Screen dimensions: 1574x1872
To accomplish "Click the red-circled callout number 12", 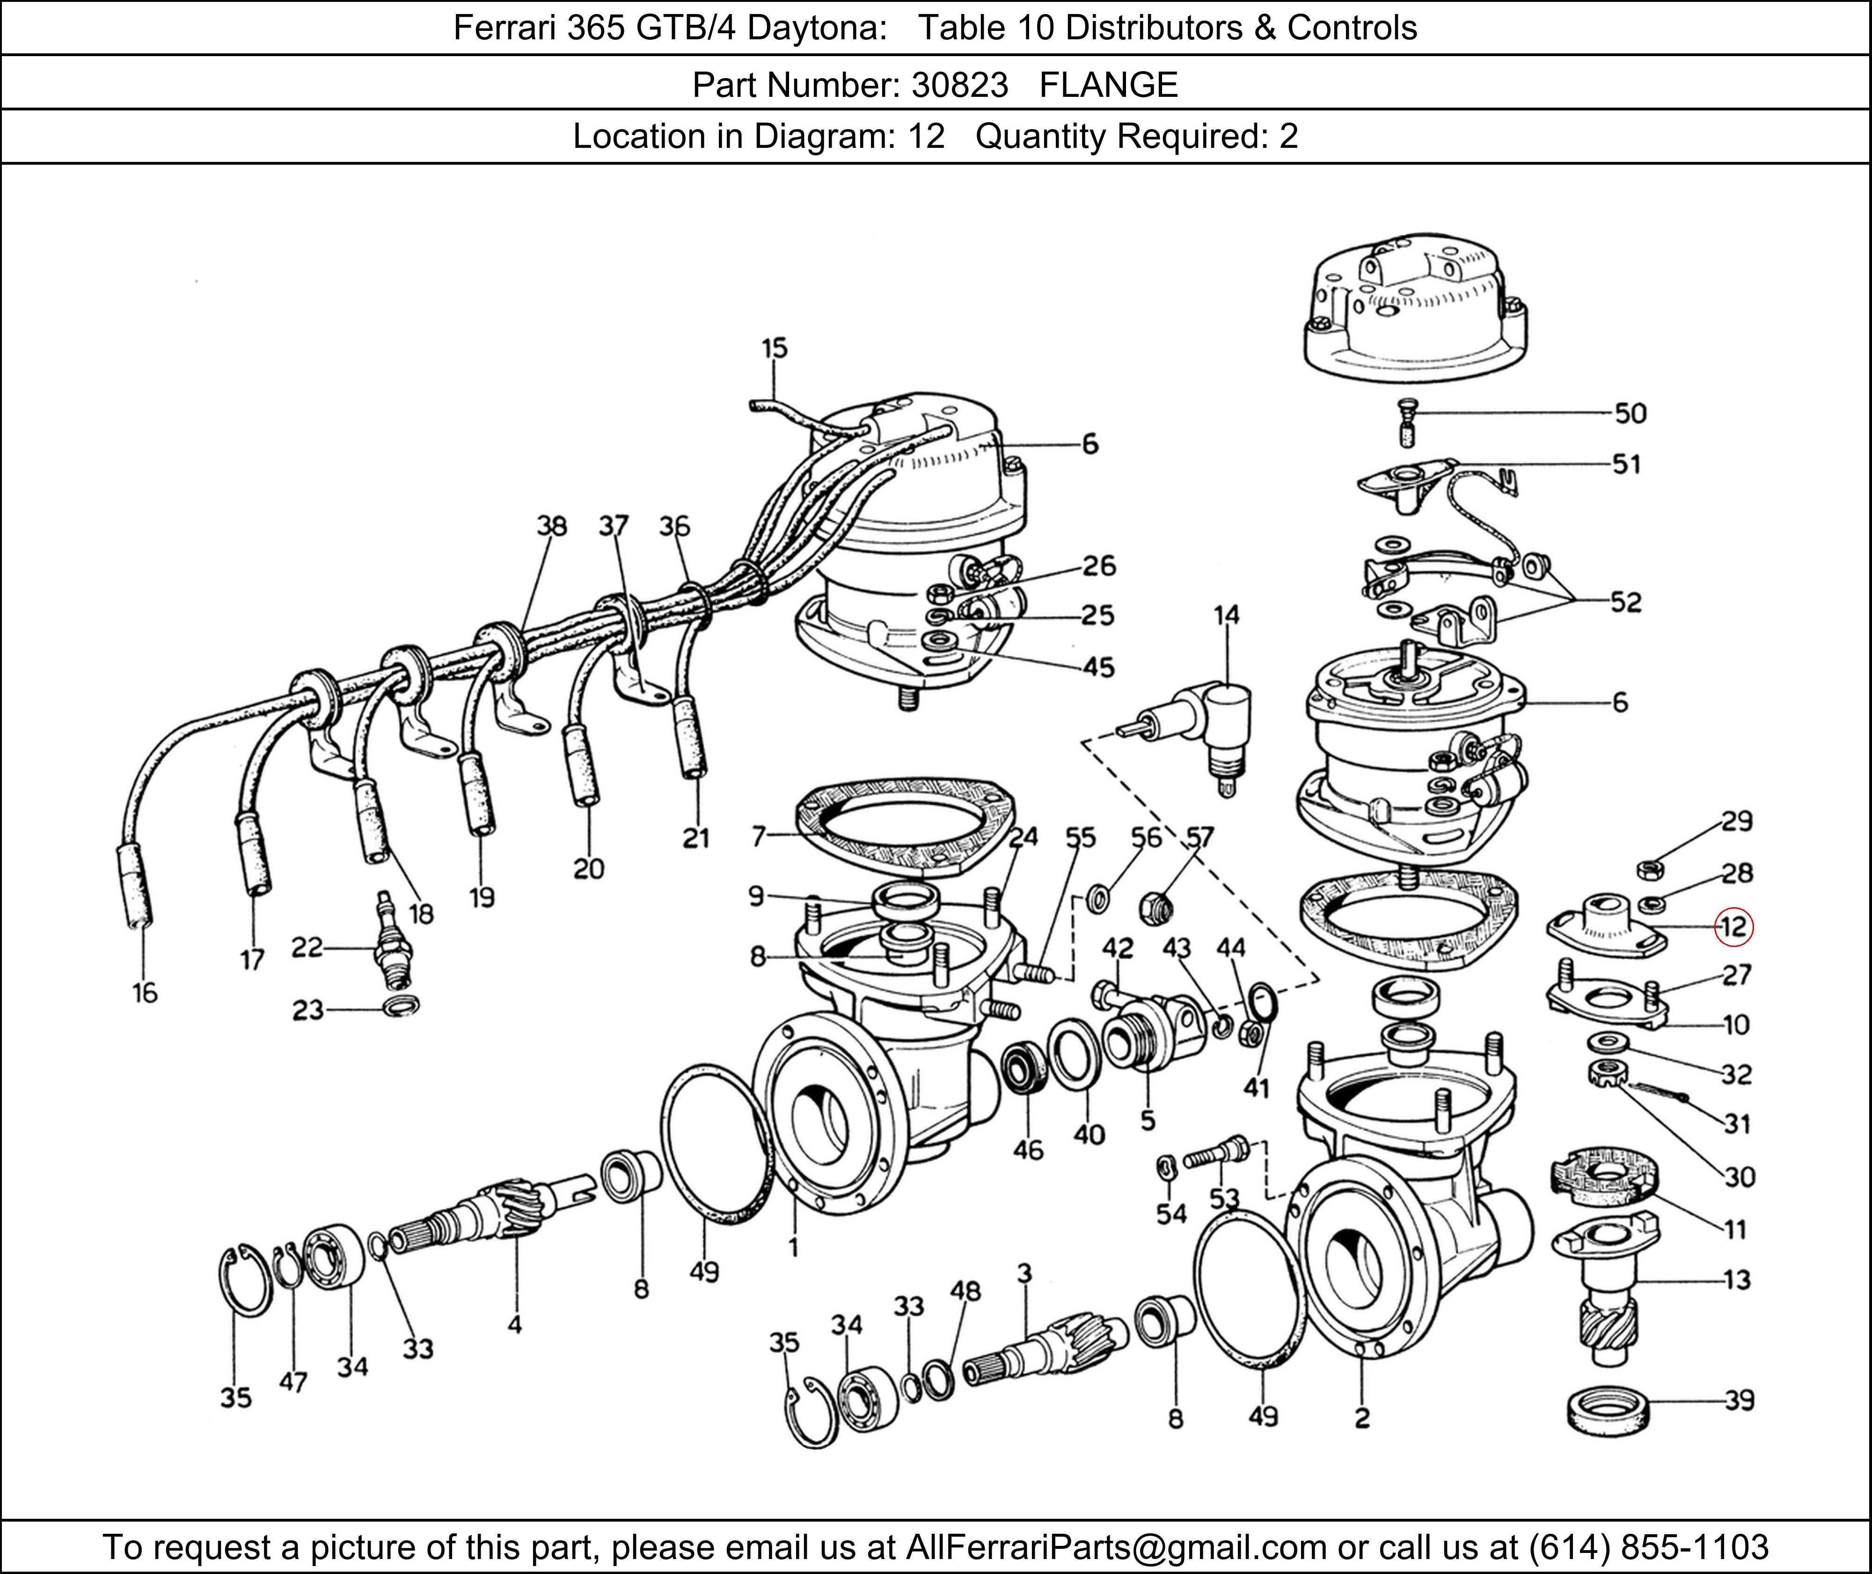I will (1733, 927).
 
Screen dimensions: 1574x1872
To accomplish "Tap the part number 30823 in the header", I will (959, 85).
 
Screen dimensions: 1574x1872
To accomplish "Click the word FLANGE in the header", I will (1108, 85).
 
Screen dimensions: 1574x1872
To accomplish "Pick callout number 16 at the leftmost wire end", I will (145, 993).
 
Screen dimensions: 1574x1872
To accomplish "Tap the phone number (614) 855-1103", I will (1647, 1546).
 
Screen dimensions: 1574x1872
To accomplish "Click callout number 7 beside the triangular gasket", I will (759, 836).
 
